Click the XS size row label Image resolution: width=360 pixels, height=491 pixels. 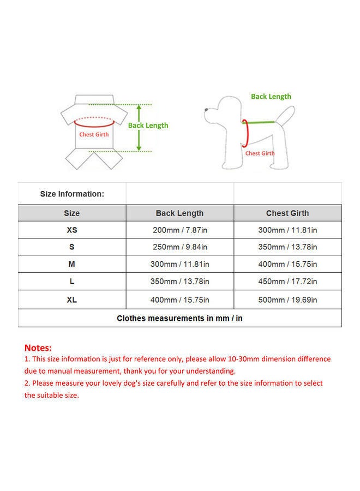point(71,230)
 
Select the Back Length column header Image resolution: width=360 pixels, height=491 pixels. point(179,213)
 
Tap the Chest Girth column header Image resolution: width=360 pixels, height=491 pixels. point(287,213)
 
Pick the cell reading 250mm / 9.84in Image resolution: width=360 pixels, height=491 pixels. point(179,247)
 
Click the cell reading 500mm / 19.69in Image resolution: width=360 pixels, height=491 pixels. point(287,300)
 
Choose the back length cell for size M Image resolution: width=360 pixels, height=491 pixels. point(179,265)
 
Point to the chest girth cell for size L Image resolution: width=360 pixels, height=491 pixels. point(287,282)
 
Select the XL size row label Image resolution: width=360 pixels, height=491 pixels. point(71,300)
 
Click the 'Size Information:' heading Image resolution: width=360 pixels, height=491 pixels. point(72,194)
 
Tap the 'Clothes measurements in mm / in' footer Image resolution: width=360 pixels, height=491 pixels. point(179,318)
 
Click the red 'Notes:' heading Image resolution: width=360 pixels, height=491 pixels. point(38,348)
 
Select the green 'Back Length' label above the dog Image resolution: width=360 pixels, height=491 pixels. point(271,97)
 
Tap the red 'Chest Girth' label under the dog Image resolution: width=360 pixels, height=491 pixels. point(260,153)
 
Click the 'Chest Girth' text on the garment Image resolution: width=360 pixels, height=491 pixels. point(94,134)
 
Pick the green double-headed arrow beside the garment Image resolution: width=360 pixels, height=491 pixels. point(139,128)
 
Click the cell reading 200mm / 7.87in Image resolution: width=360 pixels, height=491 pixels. point(179,230)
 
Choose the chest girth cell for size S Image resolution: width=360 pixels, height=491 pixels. point(287,247)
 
